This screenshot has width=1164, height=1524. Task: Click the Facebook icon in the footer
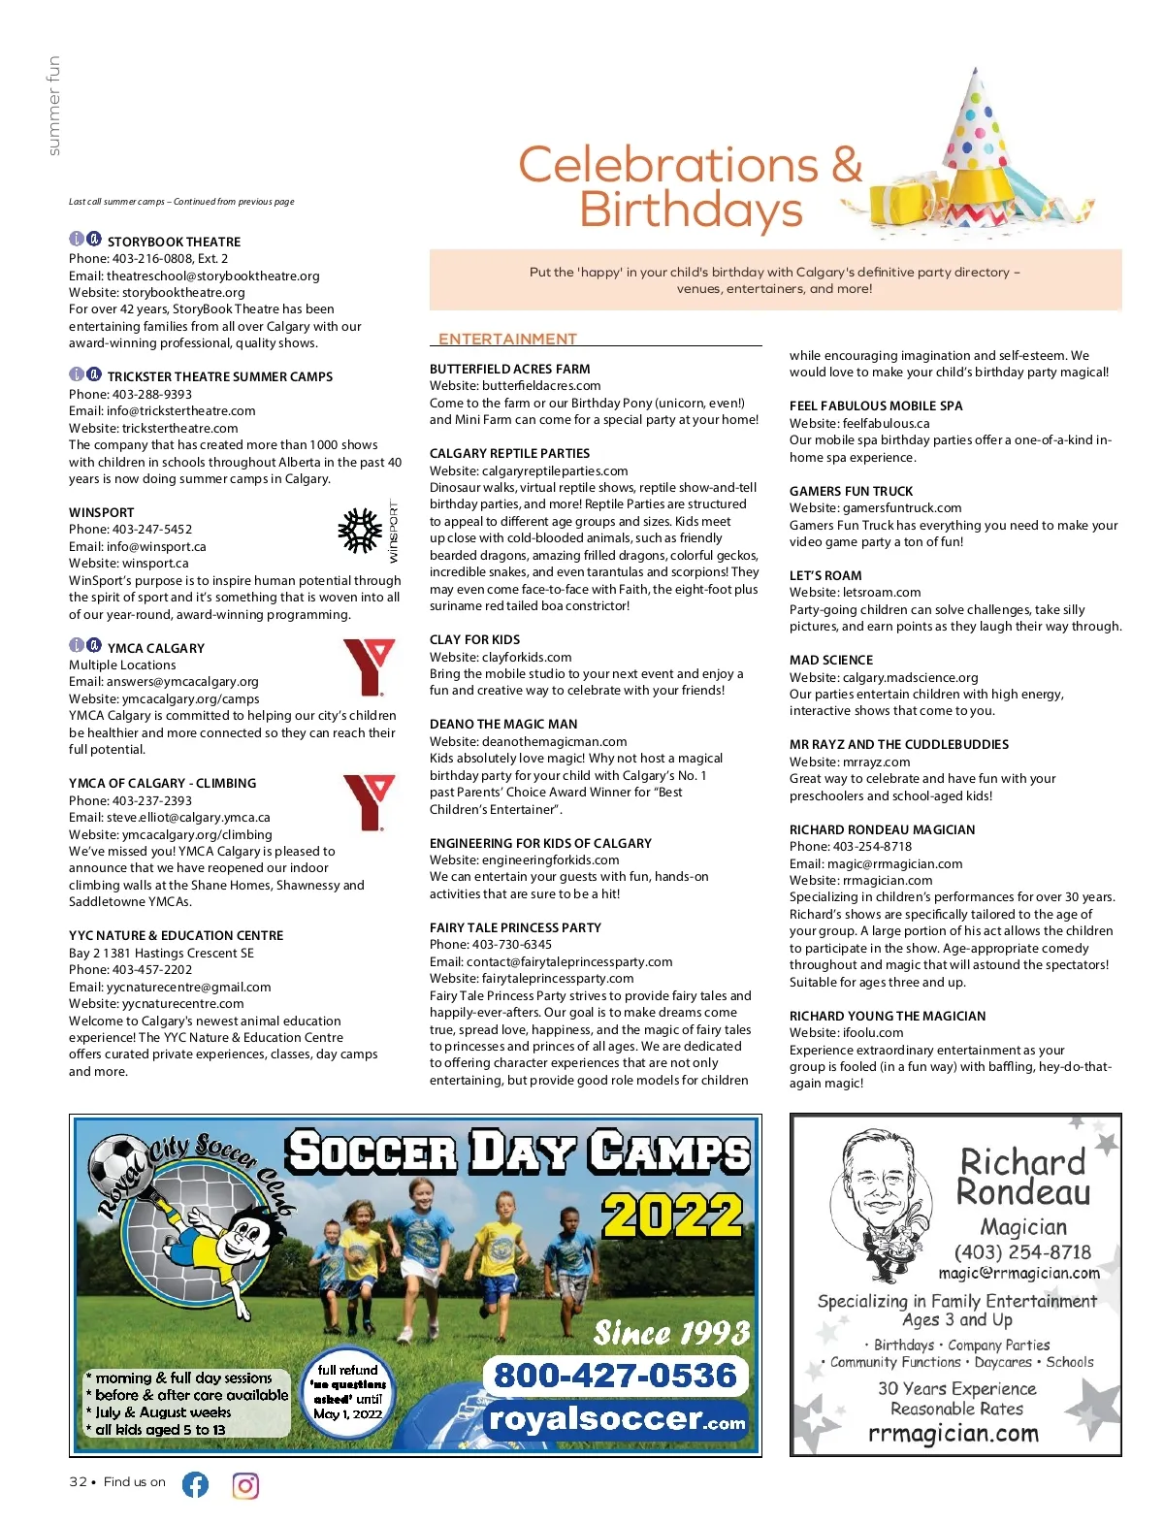pyautogui.click(x=195, y=1484)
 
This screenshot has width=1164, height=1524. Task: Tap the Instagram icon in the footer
pyautogui.click(x=245, y=1485)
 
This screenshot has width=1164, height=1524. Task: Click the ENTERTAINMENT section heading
pyautogui.click(x=507, y=339)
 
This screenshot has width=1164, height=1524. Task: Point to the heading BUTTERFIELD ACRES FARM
pyautogui.click(x=509, y=369)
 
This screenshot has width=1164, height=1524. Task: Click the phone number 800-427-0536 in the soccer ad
pyautogui.click(x=615, y=1376)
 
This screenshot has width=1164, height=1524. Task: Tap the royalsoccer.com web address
pyautogui.click(x=617, y=1420)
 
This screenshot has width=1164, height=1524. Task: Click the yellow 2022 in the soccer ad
pyautogui.click(x=672, y=1215)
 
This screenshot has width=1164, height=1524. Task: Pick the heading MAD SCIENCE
pyautogui.click(x=830, y=660)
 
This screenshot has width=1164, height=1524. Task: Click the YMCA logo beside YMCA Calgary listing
pyautogui.click(x=369, y=667)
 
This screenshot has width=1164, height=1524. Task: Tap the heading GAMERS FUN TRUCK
pyautogui.click(x=851, y=491)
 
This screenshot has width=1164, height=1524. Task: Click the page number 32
pyautogui.click(x=78, y=1481)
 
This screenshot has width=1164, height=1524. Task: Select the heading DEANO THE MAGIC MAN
pyautogui.click(x=503, y=724)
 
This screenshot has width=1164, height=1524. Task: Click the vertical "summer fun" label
pyautogui.click(x=53, y=105)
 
